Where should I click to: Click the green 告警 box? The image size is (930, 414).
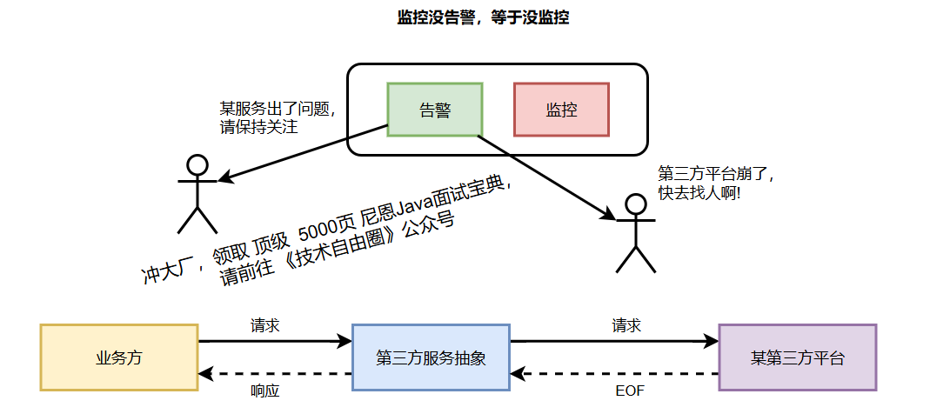pos(434,110)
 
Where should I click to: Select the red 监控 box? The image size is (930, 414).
pos(561,110)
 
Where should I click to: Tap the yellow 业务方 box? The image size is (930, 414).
pos(119,357)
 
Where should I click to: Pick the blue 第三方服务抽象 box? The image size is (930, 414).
pos(430,357)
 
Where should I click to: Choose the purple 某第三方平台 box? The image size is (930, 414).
pos(797,357)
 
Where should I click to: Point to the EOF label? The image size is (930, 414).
pos(629,391)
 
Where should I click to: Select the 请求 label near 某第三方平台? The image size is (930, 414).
pos(626,326)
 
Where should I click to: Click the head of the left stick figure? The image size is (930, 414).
pos(197,164)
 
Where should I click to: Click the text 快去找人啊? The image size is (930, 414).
pos(699,193)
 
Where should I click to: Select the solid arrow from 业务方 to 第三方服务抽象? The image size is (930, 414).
pos(275,342)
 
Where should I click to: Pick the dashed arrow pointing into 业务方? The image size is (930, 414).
pos(275,374)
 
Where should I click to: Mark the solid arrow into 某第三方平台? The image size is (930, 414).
pos(614,342)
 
